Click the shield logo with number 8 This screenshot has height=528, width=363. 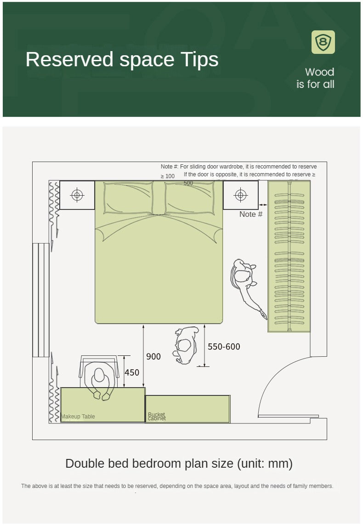coord(323,42)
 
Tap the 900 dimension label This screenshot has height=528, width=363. coord(153,356)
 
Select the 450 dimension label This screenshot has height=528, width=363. coord(132,372)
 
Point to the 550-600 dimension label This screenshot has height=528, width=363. coord(224,347)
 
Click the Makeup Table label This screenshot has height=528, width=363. coord(78,417)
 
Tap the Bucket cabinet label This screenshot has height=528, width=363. coord(157,416)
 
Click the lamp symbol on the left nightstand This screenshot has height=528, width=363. coord(77,195)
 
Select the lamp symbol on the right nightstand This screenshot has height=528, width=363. coord(241,195)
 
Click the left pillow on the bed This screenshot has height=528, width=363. coord(128,198)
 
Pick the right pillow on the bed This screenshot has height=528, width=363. coord(190,198)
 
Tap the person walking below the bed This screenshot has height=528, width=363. coord(185,345)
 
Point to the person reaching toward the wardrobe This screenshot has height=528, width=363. coord(247,287)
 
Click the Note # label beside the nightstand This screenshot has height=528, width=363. coord(251,214)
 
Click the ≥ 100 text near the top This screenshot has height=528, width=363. coord(167,176)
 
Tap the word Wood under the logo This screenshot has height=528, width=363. coord(320,72)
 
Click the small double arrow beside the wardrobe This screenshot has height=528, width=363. coord(263,205)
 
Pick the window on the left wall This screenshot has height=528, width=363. coord(41,300)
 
